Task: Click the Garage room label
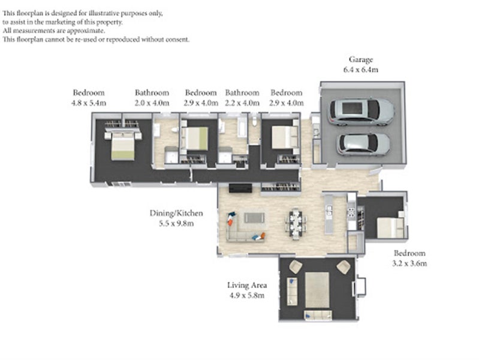(361, 59)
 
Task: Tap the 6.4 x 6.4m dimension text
(361, 70)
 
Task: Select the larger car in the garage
(361, 112)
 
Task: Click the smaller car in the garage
(363, 145)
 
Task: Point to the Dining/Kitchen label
(176, 213)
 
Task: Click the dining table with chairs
(296, 224)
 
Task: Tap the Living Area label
(247, 285)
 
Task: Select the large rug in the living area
(317, 290)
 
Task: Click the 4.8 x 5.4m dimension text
(89, 103)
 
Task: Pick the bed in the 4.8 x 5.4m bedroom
(122, 146)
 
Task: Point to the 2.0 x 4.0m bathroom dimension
(152, 103)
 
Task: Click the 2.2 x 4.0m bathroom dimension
(242, 103)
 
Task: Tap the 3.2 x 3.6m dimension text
(409, 263)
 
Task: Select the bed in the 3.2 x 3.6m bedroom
(390, 227)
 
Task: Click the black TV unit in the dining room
(240, 188)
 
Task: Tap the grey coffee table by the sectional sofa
(254, 218)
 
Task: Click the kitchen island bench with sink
(329, 214)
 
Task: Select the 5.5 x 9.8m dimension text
(176, 223)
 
